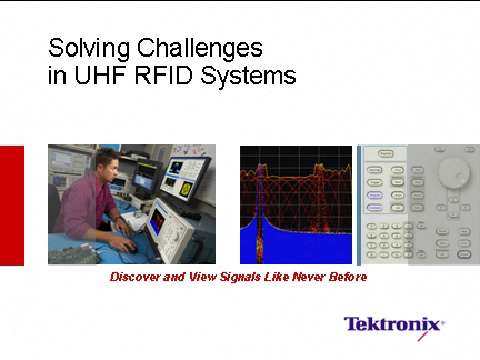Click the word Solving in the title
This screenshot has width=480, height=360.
[x=84, y=47]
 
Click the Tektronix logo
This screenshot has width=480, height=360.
[x=393, y=325]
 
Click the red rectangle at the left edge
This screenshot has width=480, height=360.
[x=11, y=205]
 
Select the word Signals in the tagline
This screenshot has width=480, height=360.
[x=250, y=277]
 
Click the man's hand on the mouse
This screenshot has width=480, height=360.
[x=127, y=244]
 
